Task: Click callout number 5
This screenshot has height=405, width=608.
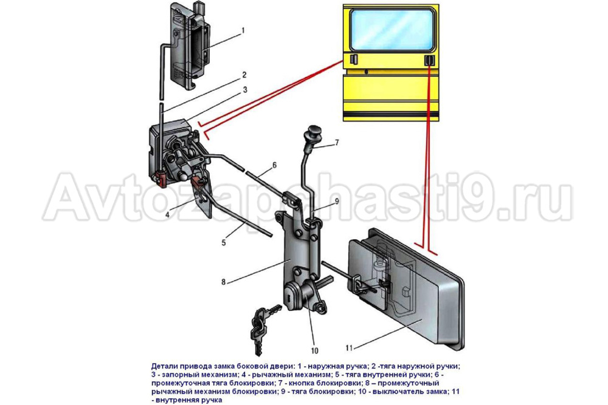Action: pos(224,242)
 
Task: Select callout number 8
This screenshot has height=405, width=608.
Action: pos(224,282)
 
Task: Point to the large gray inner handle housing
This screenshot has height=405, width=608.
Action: pos(404,285)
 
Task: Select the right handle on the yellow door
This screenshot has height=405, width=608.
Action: pos(429,60)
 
